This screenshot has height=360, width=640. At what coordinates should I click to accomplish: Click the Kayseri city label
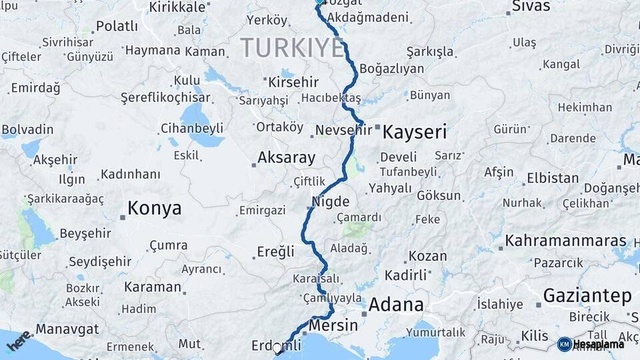pyautogui.click(x=414, y=132)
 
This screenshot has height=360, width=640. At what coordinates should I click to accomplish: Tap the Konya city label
pyautogui.click(x=154, y=208)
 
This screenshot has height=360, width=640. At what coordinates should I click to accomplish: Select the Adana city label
pyautogui.click(x=395, y=305)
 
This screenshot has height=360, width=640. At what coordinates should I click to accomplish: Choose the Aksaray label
pyautogui.click(x=286, y=158)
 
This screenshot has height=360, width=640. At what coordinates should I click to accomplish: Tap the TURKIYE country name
pyautogui.click(x=292, y=48)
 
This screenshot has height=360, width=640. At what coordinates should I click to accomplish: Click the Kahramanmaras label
pyautogui.click(x=565, y=241)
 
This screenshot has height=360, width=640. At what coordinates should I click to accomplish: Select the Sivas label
pyautogui.click(x=531, y=7)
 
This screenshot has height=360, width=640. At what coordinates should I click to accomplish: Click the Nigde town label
pyautogui.click(x=331, y=201)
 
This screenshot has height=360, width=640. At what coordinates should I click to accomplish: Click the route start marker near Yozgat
pyautogui.click(x=319, y=2)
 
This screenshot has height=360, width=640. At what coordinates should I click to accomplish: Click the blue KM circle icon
pyautogui.click(x=564, y=344)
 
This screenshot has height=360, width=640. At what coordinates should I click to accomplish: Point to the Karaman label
pyautogui.click(x=153, y=287)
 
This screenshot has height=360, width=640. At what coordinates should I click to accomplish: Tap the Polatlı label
pyautogui.click(x=117, y=26)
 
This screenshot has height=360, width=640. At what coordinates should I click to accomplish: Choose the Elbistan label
pyautogui.click(x=553, y=179)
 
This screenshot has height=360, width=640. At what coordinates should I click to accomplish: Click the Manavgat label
pyautogui.click(x=67, y=329)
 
